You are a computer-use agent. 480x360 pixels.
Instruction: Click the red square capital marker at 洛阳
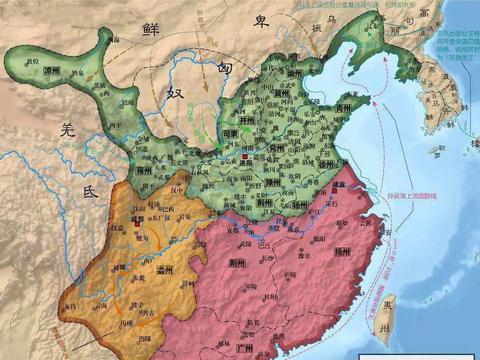244,157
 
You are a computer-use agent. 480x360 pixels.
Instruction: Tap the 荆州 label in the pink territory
236,263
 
